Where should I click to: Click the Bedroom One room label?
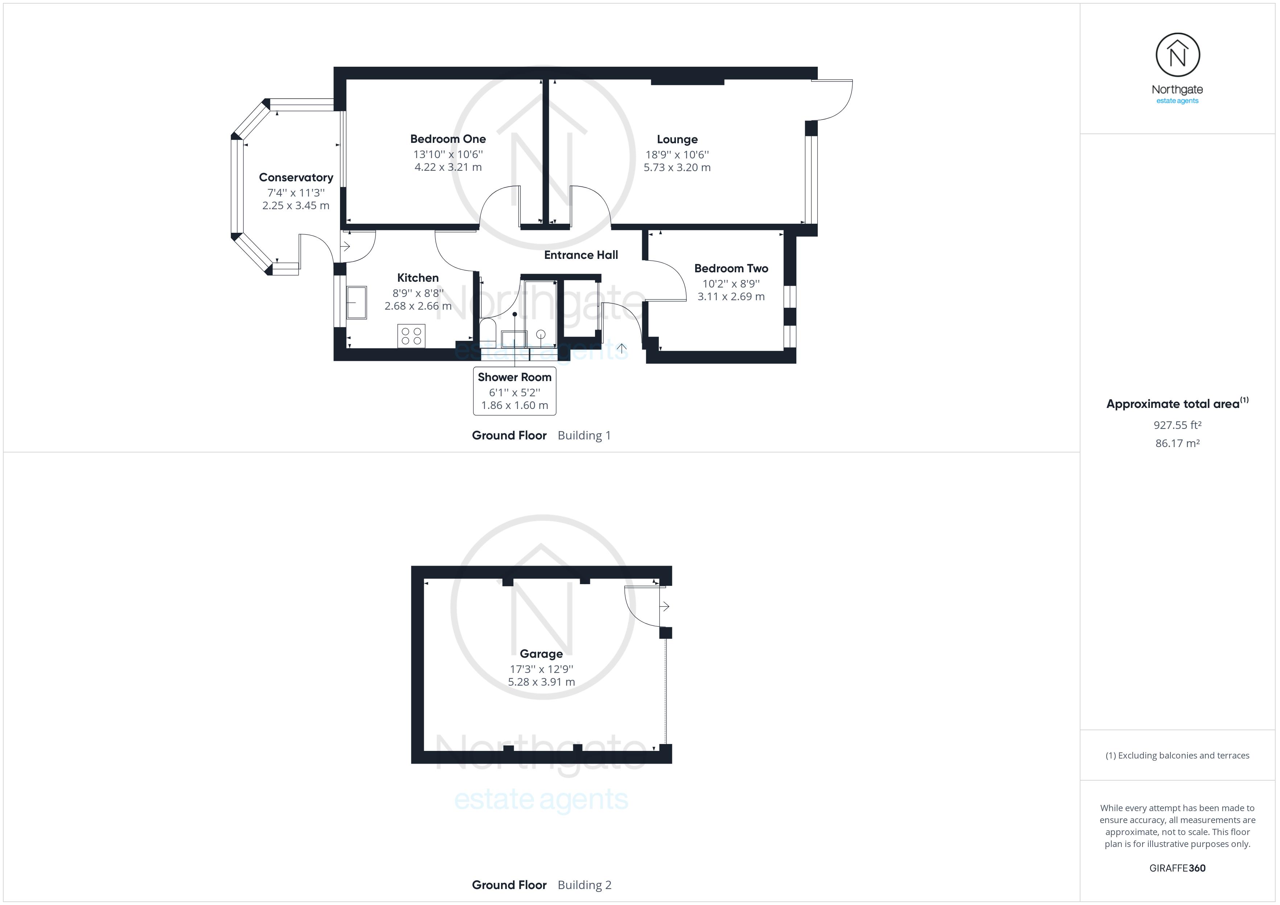(448, 139)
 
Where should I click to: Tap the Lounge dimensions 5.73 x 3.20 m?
(677, 167)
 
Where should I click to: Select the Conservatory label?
(296, 177)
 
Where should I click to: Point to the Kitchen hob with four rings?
(411, 336)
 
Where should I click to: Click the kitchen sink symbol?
(356, 303)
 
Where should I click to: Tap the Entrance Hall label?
(581, 255)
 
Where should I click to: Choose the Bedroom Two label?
(731, 268)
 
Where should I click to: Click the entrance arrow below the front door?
(621, 350)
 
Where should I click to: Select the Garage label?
(541, 654)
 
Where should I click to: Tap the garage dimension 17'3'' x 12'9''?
(541, 669)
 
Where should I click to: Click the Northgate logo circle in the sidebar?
(1177, 55)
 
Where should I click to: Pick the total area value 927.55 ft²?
(1177, 425)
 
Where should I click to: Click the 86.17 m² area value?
(1177, 443)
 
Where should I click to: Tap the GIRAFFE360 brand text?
(1177, 868)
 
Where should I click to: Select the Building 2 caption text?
(584, 885)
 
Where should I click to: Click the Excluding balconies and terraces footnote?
(1177, 755)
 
